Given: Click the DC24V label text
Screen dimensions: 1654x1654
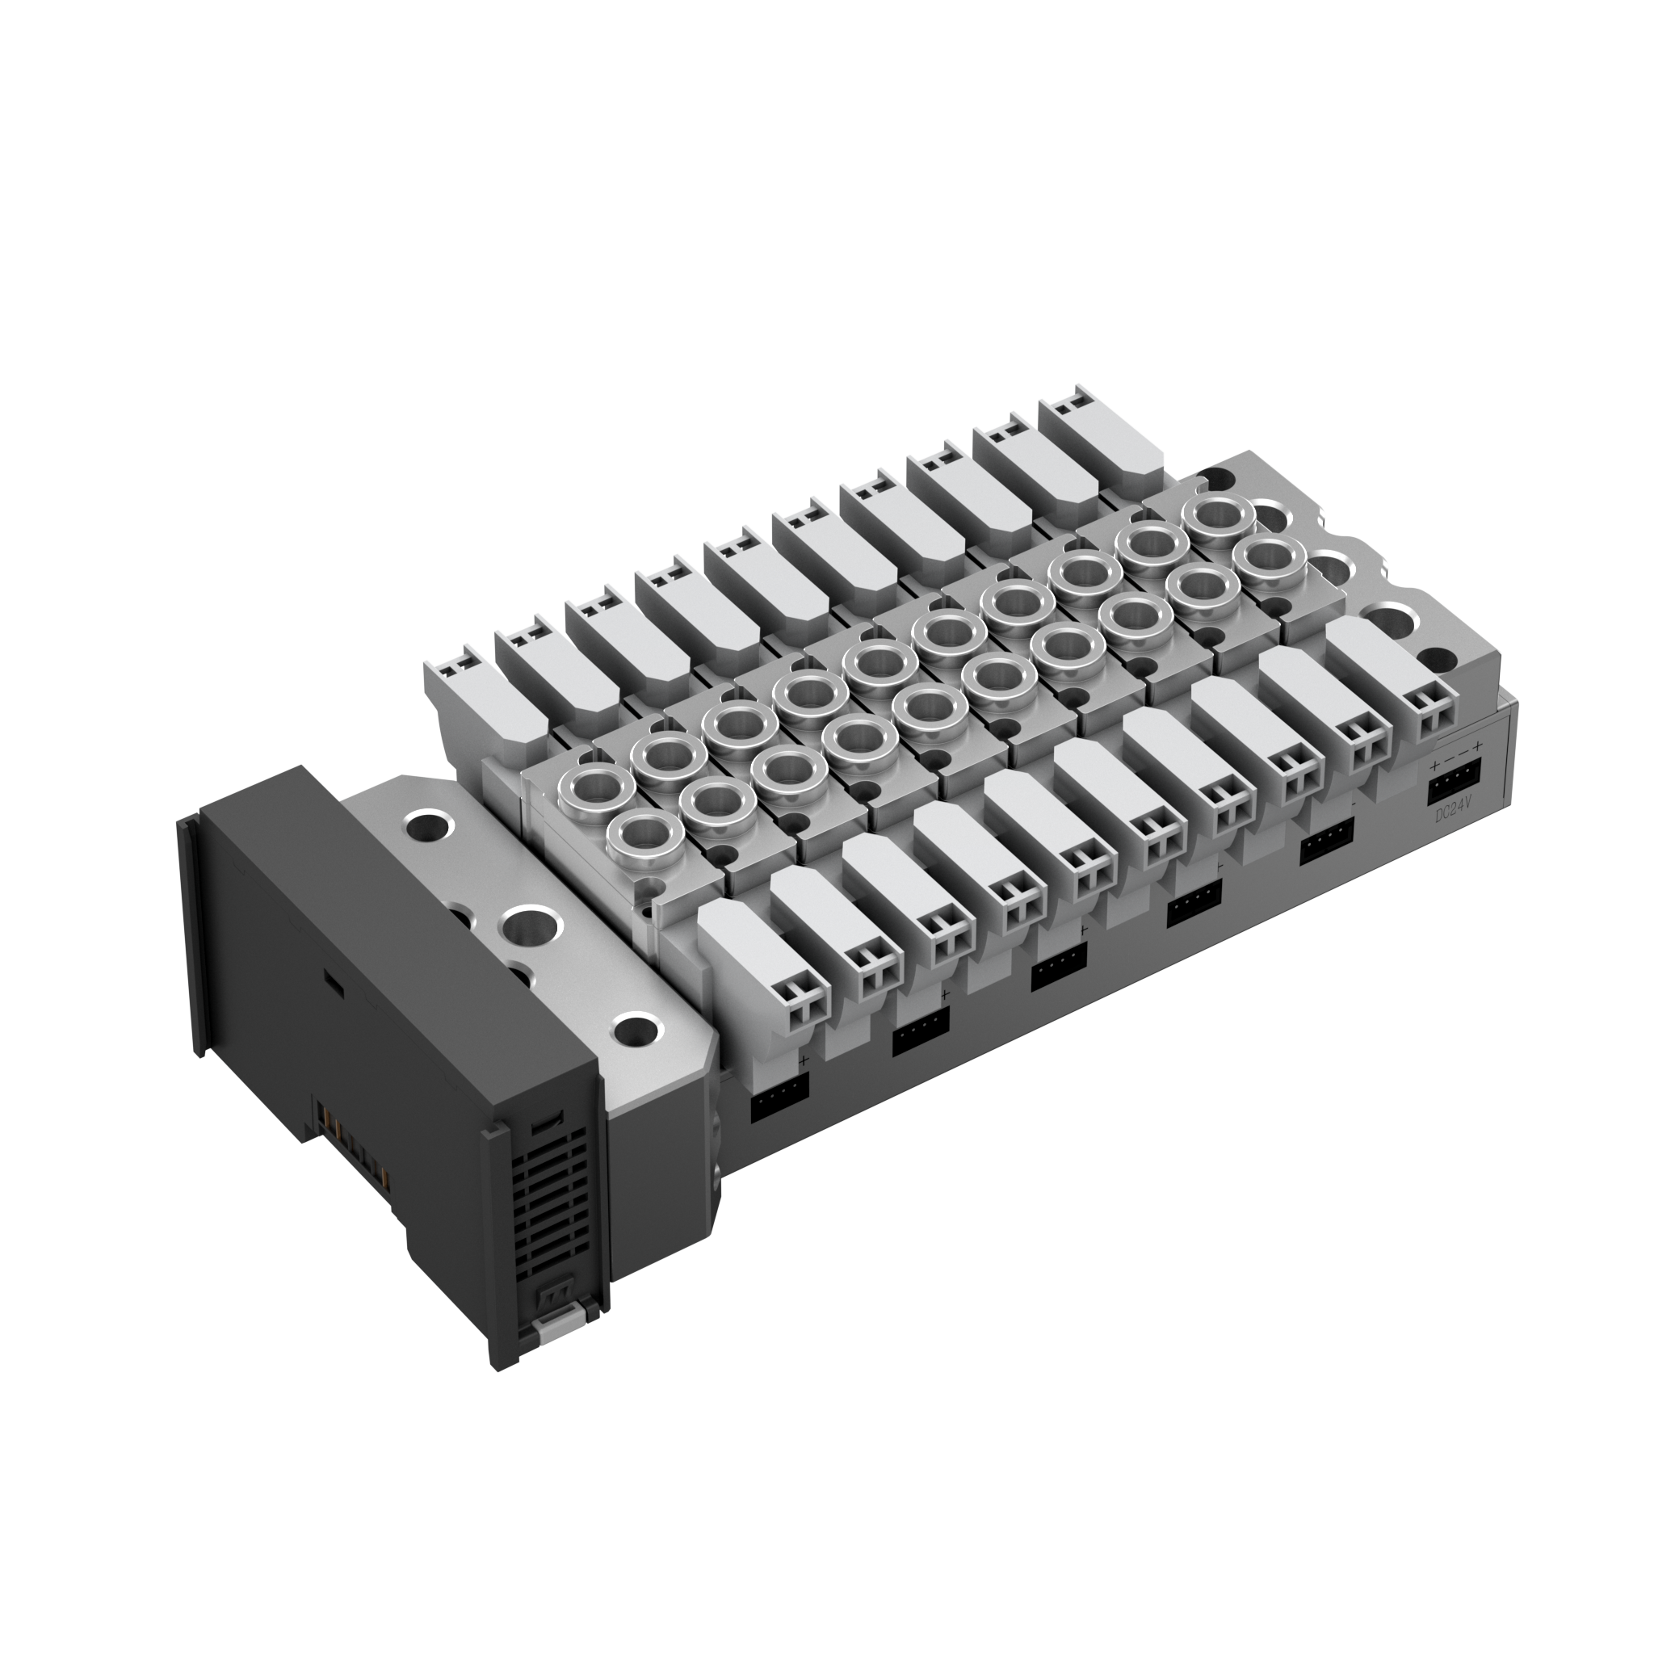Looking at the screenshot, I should tap(1453, 811).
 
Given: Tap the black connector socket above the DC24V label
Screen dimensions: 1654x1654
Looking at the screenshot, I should tap(1453, 781).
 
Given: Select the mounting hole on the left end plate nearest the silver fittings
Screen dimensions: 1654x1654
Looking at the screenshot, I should tap(428, 827).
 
